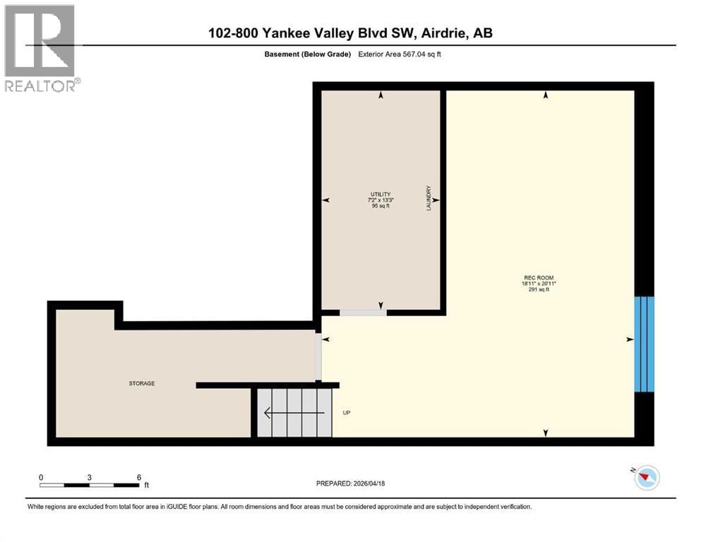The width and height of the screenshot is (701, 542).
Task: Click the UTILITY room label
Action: point(381,194)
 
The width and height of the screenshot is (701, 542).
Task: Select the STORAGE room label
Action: point(141,383)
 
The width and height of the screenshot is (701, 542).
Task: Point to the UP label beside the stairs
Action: point(346,413)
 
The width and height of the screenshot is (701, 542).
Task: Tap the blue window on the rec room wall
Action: point(644,344)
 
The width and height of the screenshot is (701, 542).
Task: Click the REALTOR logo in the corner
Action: point(40,49)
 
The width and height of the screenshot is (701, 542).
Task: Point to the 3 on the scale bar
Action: point(89,477)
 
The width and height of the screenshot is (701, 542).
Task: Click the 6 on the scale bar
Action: point(139,477)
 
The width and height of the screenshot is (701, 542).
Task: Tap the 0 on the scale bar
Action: point(41,477)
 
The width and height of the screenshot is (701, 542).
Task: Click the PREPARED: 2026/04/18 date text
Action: point(350,483)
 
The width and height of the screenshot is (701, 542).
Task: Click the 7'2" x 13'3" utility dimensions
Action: point(381,200)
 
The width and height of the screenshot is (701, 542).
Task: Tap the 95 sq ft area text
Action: point(381,207)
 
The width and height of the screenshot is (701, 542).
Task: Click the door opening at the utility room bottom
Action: point(362,312)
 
